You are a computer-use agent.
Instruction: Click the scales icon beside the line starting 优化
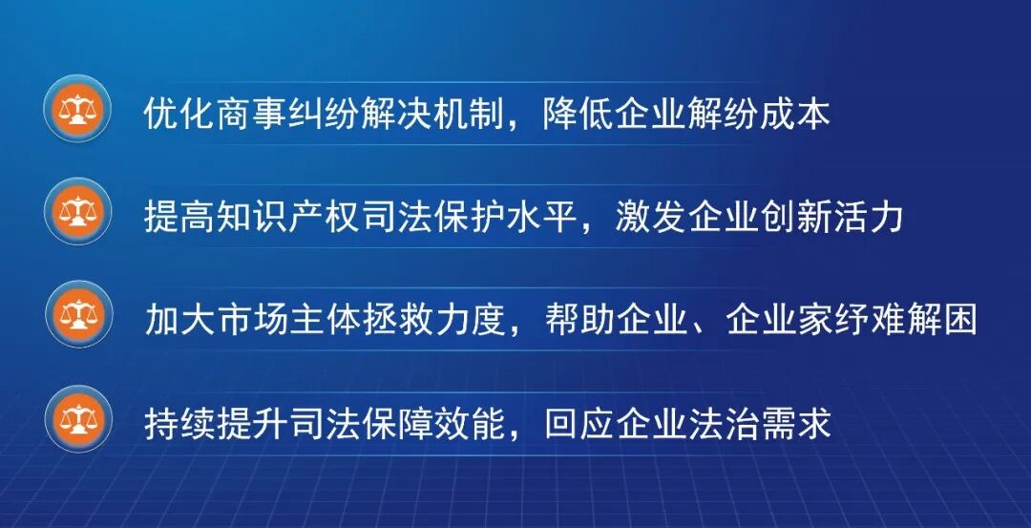point(77,109)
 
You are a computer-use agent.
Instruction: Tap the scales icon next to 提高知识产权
point(77,212)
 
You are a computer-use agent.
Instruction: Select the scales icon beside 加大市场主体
point(78,314)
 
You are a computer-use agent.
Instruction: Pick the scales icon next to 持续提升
point(78,419)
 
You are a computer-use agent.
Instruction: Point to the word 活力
point(867,218)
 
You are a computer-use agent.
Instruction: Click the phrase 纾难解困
point(903,320)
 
